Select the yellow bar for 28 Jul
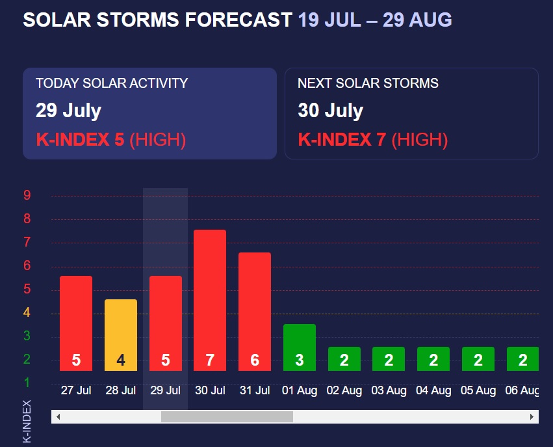[x=121, y=334]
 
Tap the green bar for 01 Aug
[x=300, y=347]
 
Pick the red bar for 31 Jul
[x=255, y=311]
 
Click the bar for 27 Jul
[x=76, y=323]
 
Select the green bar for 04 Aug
[x=433, y=359]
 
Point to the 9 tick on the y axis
[x=27, y=195]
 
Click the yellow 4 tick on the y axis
[x=27, y=312]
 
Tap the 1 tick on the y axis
[x=27, y=382]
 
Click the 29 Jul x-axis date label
[x=165, y=390]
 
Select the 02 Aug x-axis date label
[x=344, y=390]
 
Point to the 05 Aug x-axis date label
[x=478, y=390]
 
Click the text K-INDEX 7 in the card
[x=342, y=139]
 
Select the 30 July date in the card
[x=330, y=111]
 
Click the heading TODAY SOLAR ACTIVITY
[x=112, y=83]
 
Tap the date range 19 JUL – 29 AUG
[x=375, y=20]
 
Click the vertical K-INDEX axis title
[x=27, y=421]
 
